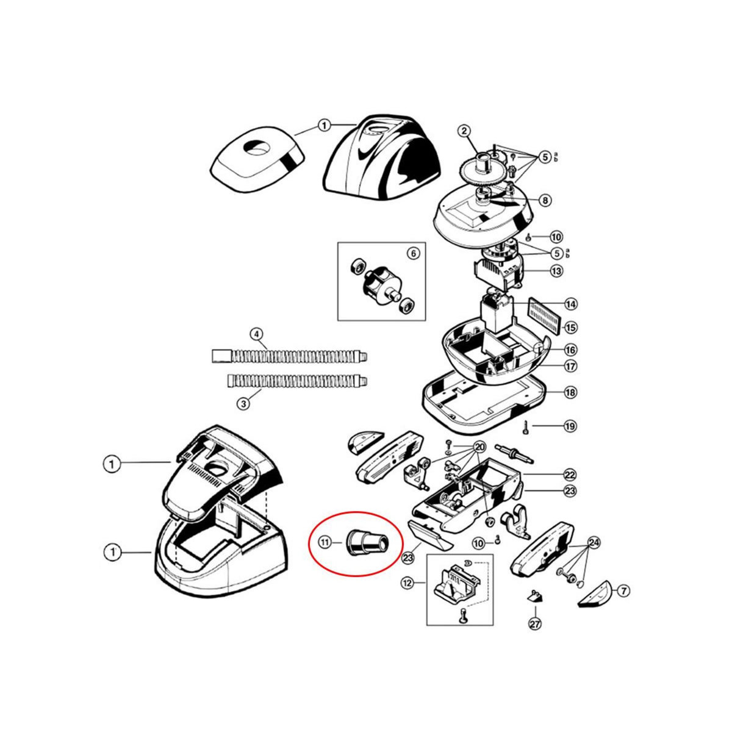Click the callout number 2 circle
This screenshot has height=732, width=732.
pos(464,131)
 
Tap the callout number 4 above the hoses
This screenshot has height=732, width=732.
pos(256,334)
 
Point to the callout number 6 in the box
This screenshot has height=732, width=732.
pos(413,253)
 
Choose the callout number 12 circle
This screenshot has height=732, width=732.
pos(407,583)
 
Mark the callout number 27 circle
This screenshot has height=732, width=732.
pos(535,623)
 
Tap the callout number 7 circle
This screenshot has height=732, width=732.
pos(623,590)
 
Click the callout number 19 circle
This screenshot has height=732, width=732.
pos(570,426)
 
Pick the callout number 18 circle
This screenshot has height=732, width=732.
pos(570,392)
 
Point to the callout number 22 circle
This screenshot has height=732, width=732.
pos(570,474)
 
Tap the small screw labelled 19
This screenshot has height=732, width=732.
pos(525,427)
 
